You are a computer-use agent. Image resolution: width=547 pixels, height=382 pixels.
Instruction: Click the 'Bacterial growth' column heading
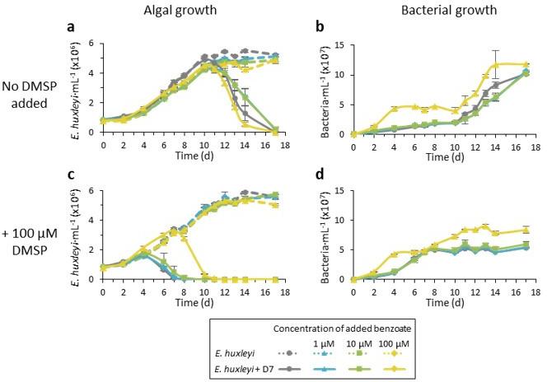[446, 9]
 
